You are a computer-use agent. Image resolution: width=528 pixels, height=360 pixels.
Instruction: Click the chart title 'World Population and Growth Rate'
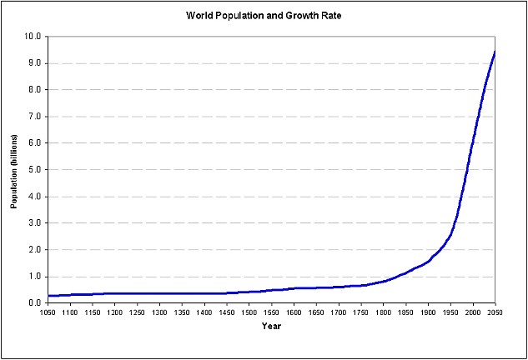point(264,16)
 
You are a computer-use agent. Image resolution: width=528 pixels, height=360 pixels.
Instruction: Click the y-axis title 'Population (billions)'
point(15,170)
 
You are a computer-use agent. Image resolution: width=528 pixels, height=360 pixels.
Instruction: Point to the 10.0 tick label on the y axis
point(33,37)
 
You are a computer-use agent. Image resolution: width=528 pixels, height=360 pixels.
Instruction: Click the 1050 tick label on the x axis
point(48,312)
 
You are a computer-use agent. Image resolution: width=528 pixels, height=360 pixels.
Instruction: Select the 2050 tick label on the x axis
point(495,312)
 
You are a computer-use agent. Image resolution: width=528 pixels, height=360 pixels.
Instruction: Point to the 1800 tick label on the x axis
point(384,312)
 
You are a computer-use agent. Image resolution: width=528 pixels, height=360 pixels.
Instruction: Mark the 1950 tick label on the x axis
point(450,312)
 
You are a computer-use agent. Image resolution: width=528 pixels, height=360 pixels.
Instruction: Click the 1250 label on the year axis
point(138,312)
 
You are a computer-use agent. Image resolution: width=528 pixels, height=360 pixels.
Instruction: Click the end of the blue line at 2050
point(495,52)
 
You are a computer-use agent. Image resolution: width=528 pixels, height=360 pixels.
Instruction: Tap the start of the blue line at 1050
point(48,296)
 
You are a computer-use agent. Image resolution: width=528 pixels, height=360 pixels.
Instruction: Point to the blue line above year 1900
point(429,261)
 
